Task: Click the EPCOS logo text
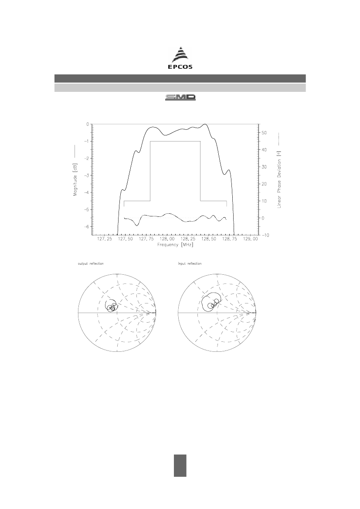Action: [x=180, y=67]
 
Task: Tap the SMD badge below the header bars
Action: [x=180, y=97]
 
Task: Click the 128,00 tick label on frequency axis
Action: [x=167, y=239]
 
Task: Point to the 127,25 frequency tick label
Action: [x=105, y=239]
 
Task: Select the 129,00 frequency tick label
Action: [x=251, y=239]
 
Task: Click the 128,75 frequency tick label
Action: [x=230, y=239]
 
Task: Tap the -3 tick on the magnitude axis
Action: [x=87, y=175]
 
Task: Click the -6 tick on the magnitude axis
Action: [x=87, y=226]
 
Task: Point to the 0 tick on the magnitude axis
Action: [x=88, y=124]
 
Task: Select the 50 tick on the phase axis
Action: [x=264, y=133]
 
